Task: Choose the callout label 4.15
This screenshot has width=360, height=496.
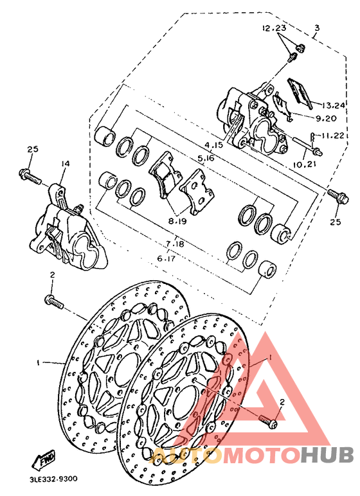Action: [215, 146]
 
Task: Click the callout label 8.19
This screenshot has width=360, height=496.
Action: [177, 220]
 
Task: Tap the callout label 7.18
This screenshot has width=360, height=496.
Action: [175, 244]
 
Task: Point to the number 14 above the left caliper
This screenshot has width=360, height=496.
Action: [64, 164]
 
